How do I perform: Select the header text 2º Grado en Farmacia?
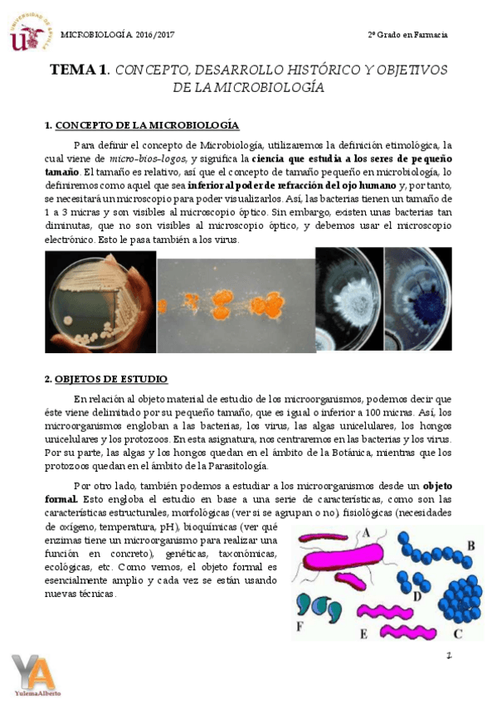click(x=407, y=34)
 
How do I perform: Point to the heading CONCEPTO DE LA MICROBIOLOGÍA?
click(x=147, y=125)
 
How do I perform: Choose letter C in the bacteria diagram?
click(x=457, y=633)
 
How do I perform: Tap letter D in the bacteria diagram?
click(x=417, y=594)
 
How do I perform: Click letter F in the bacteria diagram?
click(x=300, y=627)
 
